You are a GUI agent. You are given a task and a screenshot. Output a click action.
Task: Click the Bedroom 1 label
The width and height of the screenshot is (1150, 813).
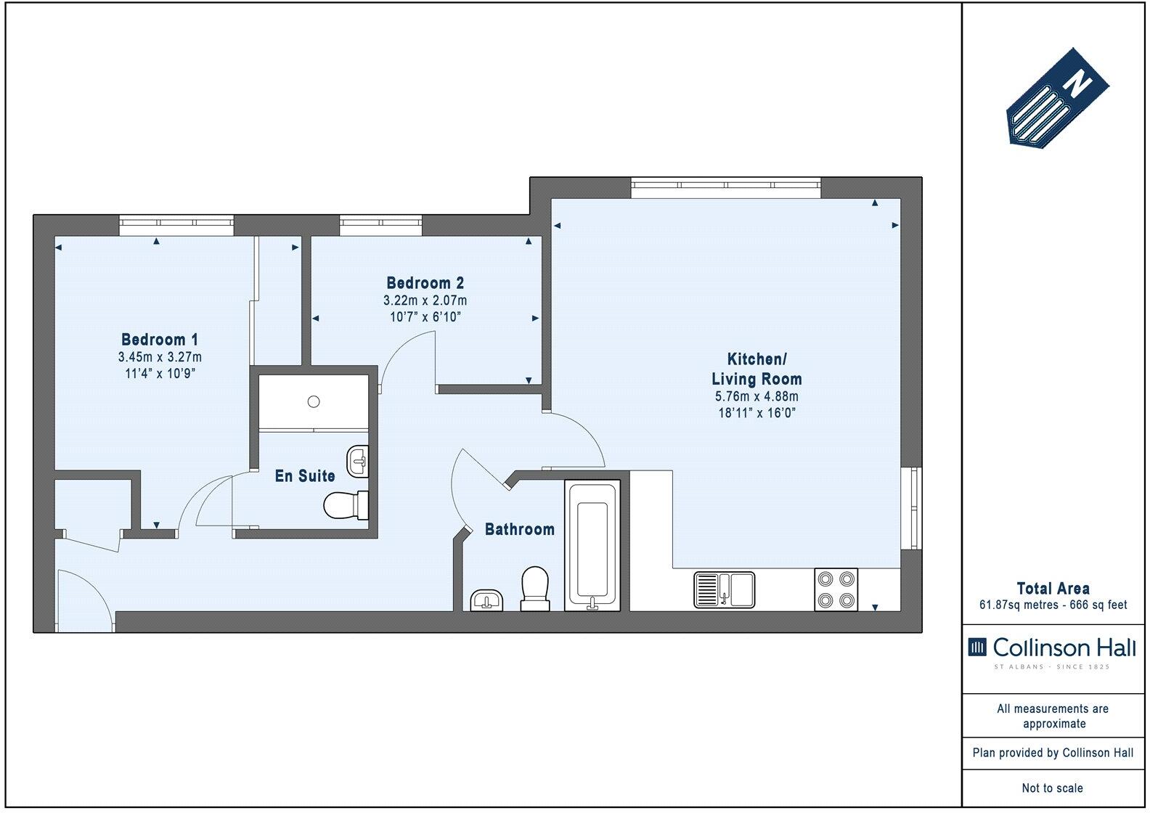(160, 339)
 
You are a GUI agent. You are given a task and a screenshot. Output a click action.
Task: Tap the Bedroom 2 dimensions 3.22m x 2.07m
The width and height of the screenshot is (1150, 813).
(425, 301)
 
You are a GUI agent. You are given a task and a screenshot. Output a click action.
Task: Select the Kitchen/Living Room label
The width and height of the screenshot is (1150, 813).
(757, 369)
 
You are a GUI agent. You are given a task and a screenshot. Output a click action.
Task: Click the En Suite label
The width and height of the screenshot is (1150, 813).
(305, 476)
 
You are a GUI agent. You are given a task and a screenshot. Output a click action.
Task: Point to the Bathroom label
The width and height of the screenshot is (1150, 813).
(519, 529)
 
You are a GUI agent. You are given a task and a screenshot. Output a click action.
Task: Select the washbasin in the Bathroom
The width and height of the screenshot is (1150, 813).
(487, 600)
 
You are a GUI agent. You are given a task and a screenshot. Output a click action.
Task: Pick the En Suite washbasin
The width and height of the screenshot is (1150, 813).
(359, 461)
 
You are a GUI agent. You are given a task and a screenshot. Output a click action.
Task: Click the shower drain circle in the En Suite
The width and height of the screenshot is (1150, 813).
(314, 401)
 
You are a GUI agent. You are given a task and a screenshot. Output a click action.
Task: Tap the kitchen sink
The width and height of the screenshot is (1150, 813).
(725, 589)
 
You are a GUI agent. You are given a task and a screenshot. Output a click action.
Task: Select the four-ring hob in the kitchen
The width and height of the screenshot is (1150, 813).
(836, 589)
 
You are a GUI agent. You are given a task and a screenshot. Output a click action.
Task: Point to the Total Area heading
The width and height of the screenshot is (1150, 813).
(1053, 589)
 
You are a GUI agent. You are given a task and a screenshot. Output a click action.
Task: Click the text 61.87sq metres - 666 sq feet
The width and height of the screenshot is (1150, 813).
(1053, 605)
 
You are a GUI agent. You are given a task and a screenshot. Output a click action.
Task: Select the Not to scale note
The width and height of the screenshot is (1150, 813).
(1052, 788)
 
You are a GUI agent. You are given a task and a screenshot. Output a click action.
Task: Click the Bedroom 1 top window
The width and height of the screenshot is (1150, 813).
(176, 225)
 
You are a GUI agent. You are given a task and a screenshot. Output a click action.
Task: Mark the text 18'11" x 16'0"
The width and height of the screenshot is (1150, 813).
(757, 413)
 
